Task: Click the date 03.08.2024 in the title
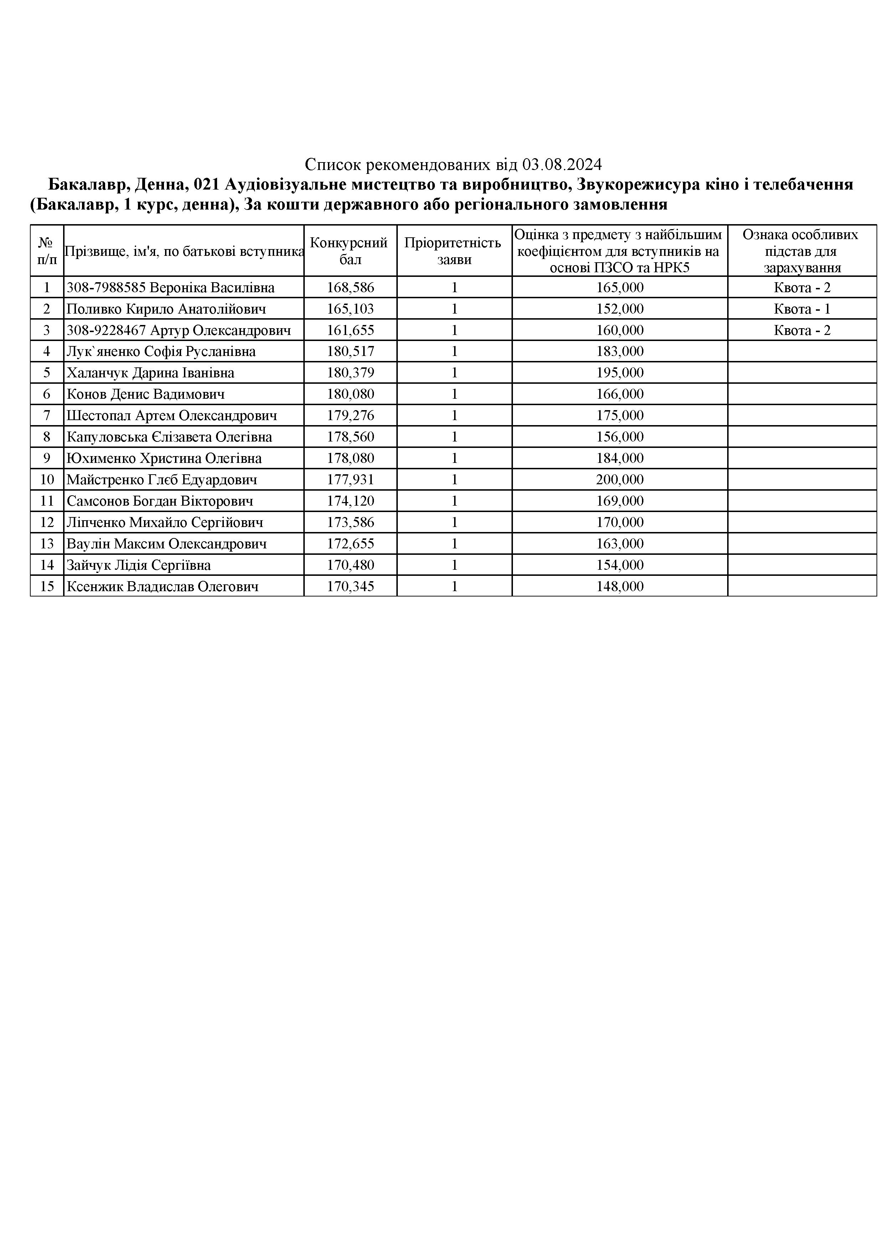pyautogui.click(x=561, y=164)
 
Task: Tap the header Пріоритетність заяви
pyautogui.click(x=454, y=250)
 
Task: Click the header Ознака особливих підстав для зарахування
pyautogui.click(x=801, y=250)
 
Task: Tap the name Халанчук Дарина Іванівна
pyautogui.click(x=150, y=373)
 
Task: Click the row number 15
pyautogui.click(x=47, y=587)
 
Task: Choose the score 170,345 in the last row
pyautogui.click(x=350, y=587)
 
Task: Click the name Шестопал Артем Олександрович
pyautogui.click(x=171, y=416)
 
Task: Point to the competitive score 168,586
pyautogui.click(x=350, y=288)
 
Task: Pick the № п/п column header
pyautogui.click(x=47, y=250)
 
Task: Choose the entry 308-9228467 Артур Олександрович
pyautogui.click(x=179, y=330)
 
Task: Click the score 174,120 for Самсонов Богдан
pyautogui.click(x=350, y=501)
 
